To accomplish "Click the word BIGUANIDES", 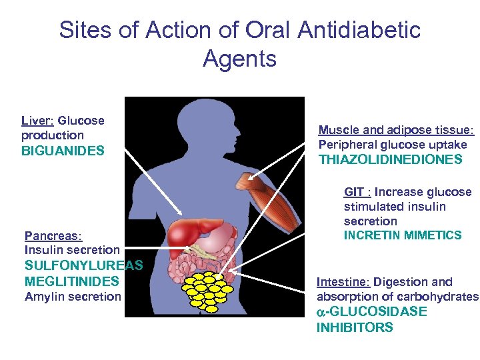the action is [63, 151].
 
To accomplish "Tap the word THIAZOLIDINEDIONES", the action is [390, 160].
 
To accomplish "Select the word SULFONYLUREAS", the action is [83, 265].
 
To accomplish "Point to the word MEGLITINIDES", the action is [72, 281].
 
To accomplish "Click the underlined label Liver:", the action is [37, 121].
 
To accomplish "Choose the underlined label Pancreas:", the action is [53, 236].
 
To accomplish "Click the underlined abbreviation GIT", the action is [353, 192].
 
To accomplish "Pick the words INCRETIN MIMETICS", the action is [403, 235].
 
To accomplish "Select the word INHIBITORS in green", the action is [355, 327].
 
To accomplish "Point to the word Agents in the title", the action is [239, 59].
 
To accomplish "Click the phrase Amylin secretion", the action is [73, 297].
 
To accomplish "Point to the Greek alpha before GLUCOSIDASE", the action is [321, 313].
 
